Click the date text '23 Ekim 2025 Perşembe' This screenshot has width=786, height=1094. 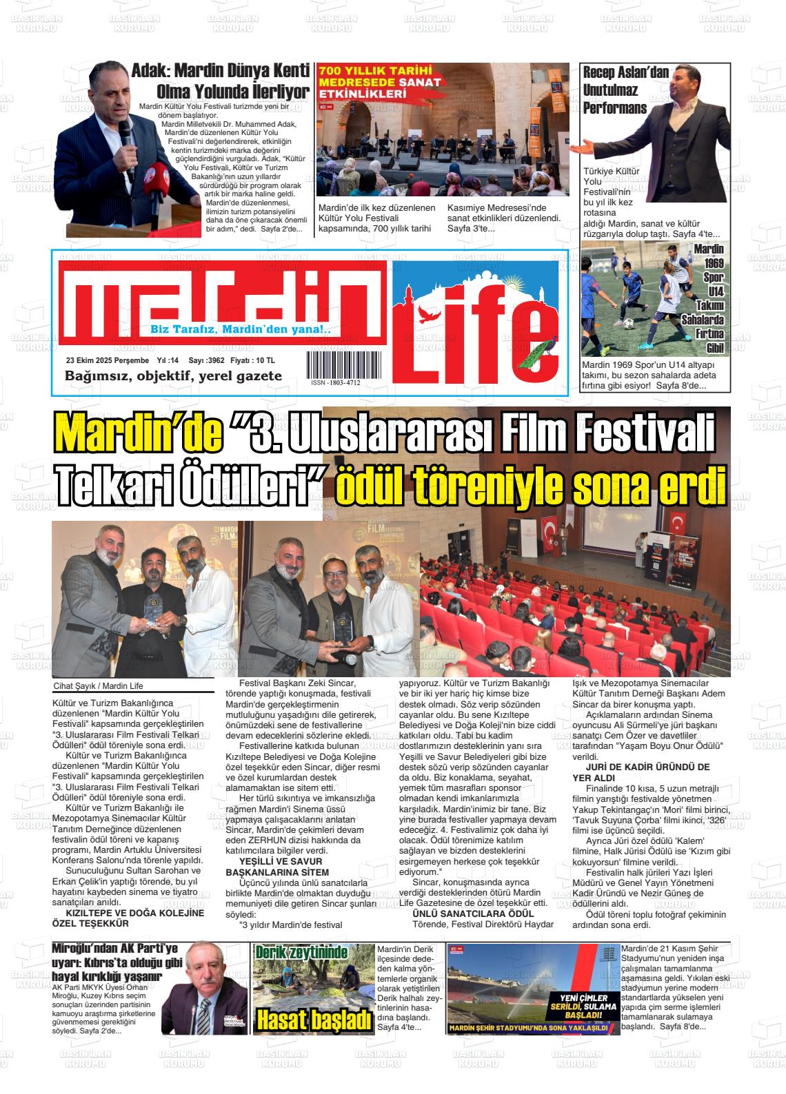point(108,360)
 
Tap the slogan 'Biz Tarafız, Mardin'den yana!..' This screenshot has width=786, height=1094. point(240,330)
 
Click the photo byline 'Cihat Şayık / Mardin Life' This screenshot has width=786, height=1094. point(98,685)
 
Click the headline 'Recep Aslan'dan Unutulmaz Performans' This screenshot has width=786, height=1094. point(616,90)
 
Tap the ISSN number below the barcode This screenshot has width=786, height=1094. point(335,382)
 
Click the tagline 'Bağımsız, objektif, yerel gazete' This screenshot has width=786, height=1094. point(173,375)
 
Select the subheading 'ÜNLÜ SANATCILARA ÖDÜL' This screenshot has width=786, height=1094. point(473,914)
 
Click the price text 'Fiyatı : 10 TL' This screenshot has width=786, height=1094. point(252,360)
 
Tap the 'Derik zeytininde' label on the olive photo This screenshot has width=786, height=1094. point(301,953)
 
